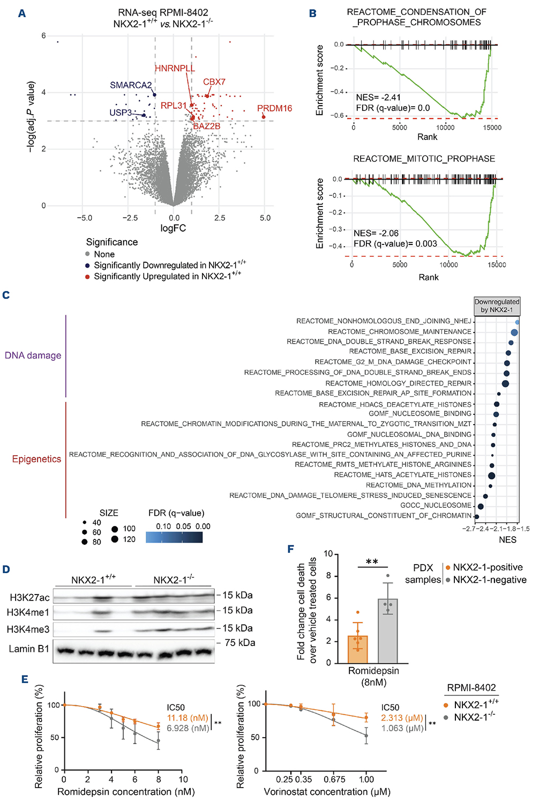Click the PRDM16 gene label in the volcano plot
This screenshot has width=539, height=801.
(x=274, y=108)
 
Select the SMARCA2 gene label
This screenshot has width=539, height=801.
(x=131, y=85)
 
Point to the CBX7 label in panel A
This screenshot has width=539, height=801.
(x=214, y=82)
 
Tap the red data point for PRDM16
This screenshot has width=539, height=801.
(x=264, y=117)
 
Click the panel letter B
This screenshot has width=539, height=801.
(x=312, y=13)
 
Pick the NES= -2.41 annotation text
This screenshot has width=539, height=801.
(x=378, y=97)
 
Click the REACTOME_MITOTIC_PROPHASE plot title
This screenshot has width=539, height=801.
(x=424, y=159)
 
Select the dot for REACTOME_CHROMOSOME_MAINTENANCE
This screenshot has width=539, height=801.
(x=514, y=332)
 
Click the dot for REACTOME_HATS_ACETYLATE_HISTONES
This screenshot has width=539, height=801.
(x=491, y=476)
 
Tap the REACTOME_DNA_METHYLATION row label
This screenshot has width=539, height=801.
(x=418, y=485)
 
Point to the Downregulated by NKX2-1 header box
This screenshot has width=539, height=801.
(x=497, y=306)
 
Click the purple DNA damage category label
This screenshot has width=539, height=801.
(x=33, y=355)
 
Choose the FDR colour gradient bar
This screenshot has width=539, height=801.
(x=174, y=537)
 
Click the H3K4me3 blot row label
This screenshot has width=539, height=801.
(x=28, y=629)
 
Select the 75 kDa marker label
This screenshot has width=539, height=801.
(x=240, y=643)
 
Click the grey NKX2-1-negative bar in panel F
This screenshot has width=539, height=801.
(x=388, y=631)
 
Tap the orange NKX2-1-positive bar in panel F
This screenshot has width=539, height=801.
(x=358, y=650)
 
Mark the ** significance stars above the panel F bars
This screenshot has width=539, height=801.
(x=372, y=562)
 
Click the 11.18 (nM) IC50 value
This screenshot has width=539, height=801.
(x=188, y=718)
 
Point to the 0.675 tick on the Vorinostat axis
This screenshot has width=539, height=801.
(x=334, y=779)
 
